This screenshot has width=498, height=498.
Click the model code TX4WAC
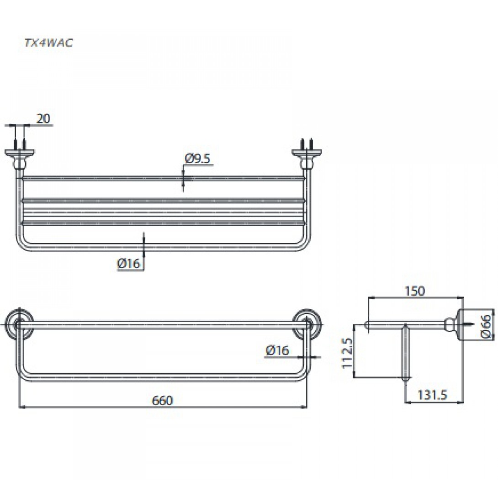click(x=48, y=43)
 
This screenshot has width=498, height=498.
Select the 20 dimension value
click(x=43, y=119)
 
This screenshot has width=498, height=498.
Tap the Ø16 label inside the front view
click(x=277, y=350)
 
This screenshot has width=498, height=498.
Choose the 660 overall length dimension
click(x=162, y=401)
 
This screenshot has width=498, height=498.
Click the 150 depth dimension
click(x=415, y=291)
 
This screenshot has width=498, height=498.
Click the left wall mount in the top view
click(x=19, y=157)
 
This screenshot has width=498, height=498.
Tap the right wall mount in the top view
click(x=306, y=157)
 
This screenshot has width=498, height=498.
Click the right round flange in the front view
click(x=307, y=324)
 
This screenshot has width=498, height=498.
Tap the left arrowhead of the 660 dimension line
click(x=21, y=407)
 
